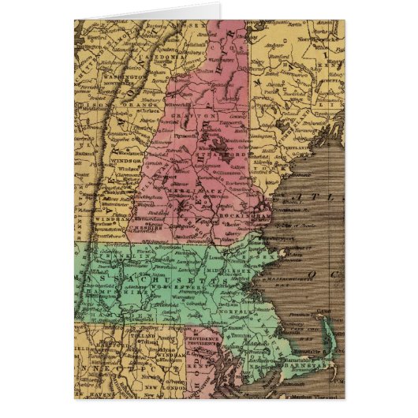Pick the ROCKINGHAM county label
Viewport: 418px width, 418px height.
(247, 211)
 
